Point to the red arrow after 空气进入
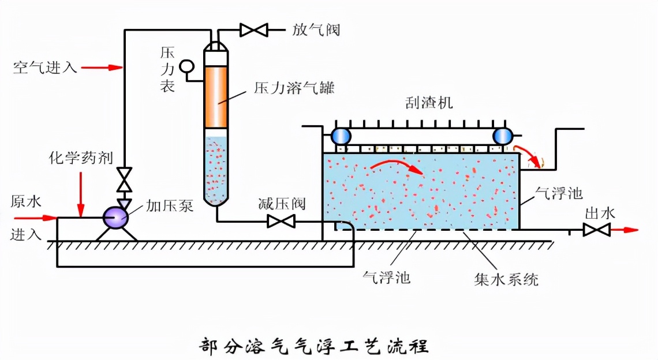(x=103, y=67)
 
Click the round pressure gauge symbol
(x=187, y=66)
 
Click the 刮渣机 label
(x=429, y=103)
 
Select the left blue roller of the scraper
(x=341, y=136)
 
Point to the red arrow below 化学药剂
(x=81, y=190)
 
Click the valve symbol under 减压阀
(x=282, y=222)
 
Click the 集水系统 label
(x=506, y=279)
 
